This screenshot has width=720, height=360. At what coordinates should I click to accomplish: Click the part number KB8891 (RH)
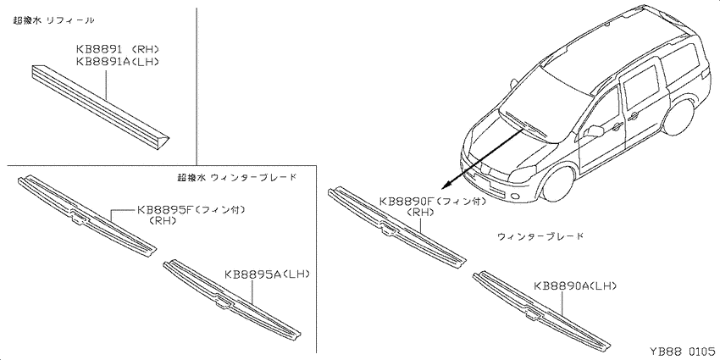pos(118,50)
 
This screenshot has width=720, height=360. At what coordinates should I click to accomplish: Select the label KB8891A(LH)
pos(118,62)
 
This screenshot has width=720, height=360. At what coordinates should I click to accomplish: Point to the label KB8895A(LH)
pos(267,274)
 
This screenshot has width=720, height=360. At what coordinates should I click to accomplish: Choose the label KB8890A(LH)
pos(575,286)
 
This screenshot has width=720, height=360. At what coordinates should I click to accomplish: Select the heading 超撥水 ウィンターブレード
pos(236,177)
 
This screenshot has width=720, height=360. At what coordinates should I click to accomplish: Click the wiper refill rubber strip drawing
pos(100,107)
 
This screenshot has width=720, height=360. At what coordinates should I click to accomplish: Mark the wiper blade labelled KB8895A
pos(233,301)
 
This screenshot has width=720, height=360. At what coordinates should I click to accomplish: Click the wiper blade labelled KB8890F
pos(397,226)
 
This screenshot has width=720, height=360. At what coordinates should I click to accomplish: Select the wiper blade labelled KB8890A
pos(542,311)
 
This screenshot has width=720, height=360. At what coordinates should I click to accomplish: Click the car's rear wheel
pos(679,116)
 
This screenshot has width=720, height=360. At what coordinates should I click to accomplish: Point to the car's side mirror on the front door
pos(595,130)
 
